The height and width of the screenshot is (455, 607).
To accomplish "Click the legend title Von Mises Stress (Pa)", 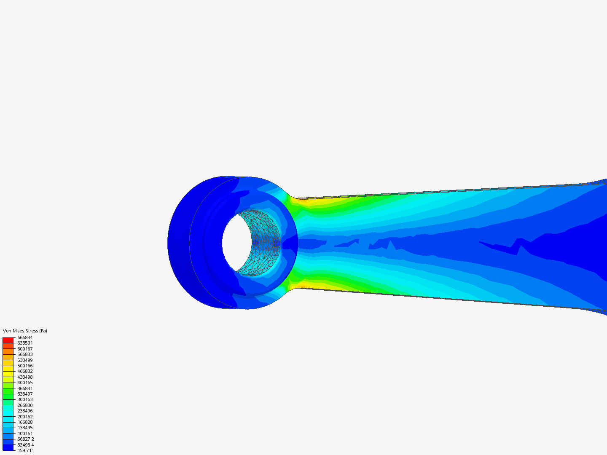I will pyautogui.click(x=25, y=331).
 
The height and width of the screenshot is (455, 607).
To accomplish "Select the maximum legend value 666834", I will pyautogui.click(x=25, y=337).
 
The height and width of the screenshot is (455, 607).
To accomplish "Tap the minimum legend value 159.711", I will pyautogui.click(x=26, y=450).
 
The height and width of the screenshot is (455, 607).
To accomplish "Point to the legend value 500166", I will pyautogui.click(x=25, y=366).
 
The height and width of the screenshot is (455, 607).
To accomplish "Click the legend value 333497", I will pyautogui.click(x=25, y=394).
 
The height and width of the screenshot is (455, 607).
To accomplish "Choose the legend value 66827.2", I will pyautogui.click(x=26, y=439).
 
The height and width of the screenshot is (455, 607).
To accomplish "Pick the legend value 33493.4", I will pyautogui.click(x=26, y=445).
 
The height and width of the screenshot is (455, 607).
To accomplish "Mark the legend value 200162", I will pyautogui.click(x=25, y=417).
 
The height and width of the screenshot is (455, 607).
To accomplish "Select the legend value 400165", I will pyautogui.click(x=25, y=383).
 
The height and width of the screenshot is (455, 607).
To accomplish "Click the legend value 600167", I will pyautogui.click(x=25, y=349).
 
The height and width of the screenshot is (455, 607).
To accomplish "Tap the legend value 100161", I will pyautogui.click(x=25, y=434).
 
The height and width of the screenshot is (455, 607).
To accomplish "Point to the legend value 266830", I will pyautogui.click(x=25, y=405).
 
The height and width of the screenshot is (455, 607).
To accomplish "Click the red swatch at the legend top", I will pyautogui.click(x=8, y=340).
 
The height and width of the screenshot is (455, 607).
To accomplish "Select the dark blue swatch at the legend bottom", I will pyautogui.click(x=8, y=447).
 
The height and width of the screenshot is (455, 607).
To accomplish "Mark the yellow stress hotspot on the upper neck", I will pyautogui.click(x=306, y=202).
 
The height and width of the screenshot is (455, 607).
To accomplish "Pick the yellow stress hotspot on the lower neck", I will pyautogui.click(x=306, y=284).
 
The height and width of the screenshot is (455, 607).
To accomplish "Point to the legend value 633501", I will pyautogui.click(x=25, y=343).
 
